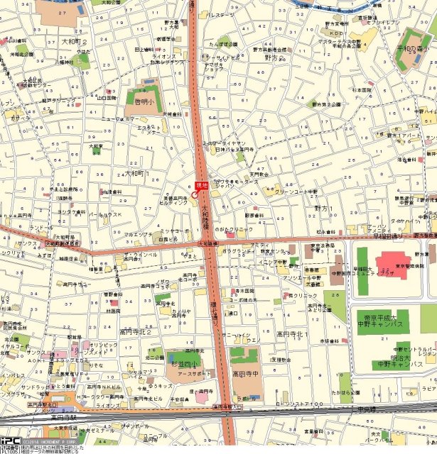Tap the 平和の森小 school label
pos(416,48)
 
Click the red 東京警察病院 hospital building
pos(392,263)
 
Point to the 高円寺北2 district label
pos(136,331)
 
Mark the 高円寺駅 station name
pos(63,417)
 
